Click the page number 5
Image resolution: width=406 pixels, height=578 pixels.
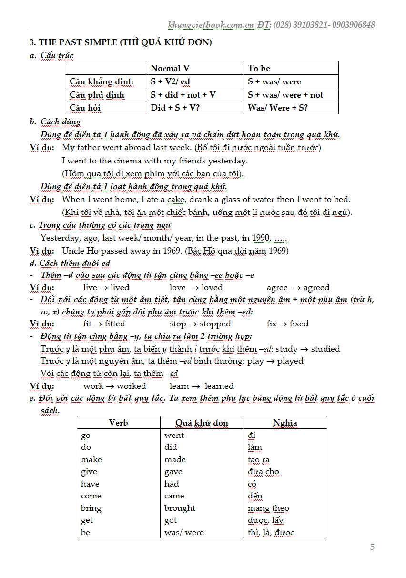pyautogui.click(x=372, y=547)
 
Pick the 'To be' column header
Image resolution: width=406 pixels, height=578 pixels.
pyautogui.click(x=259, y=68)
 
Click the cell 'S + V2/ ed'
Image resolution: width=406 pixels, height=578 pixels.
pyautogui.click(x=171, y=81)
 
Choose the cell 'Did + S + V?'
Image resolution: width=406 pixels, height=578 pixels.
pyautogui.click(x=175, y=108)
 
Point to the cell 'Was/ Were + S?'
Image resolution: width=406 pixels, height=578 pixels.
pyautogui.click(x=278, y=108)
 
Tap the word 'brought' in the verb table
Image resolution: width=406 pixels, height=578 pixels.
pyautogui.click(x=180, y=508)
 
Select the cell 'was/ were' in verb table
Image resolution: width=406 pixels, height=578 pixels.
pyautogui.click(x=184, y=532)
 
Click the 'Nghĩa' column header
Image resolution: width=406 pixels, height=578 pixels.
pyautogui.click(x=285, y=423)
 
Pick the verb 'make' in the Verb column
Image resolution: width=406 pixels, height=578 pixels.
pyautogui.click(x=91, y=459)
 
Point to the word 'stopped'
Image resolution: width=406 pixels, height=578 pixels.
pyautogui.click(x=215, y=324)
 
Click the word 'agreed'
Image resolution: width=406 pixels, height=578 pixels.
pyautogui.click(x=316, y=288)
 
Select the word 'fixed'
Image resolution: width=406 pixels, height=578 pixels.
pyautogui.click(x=299, y=324)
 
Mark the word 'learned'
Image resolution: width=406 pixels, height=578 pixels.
pyautogui.click(x=219, y=386)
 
